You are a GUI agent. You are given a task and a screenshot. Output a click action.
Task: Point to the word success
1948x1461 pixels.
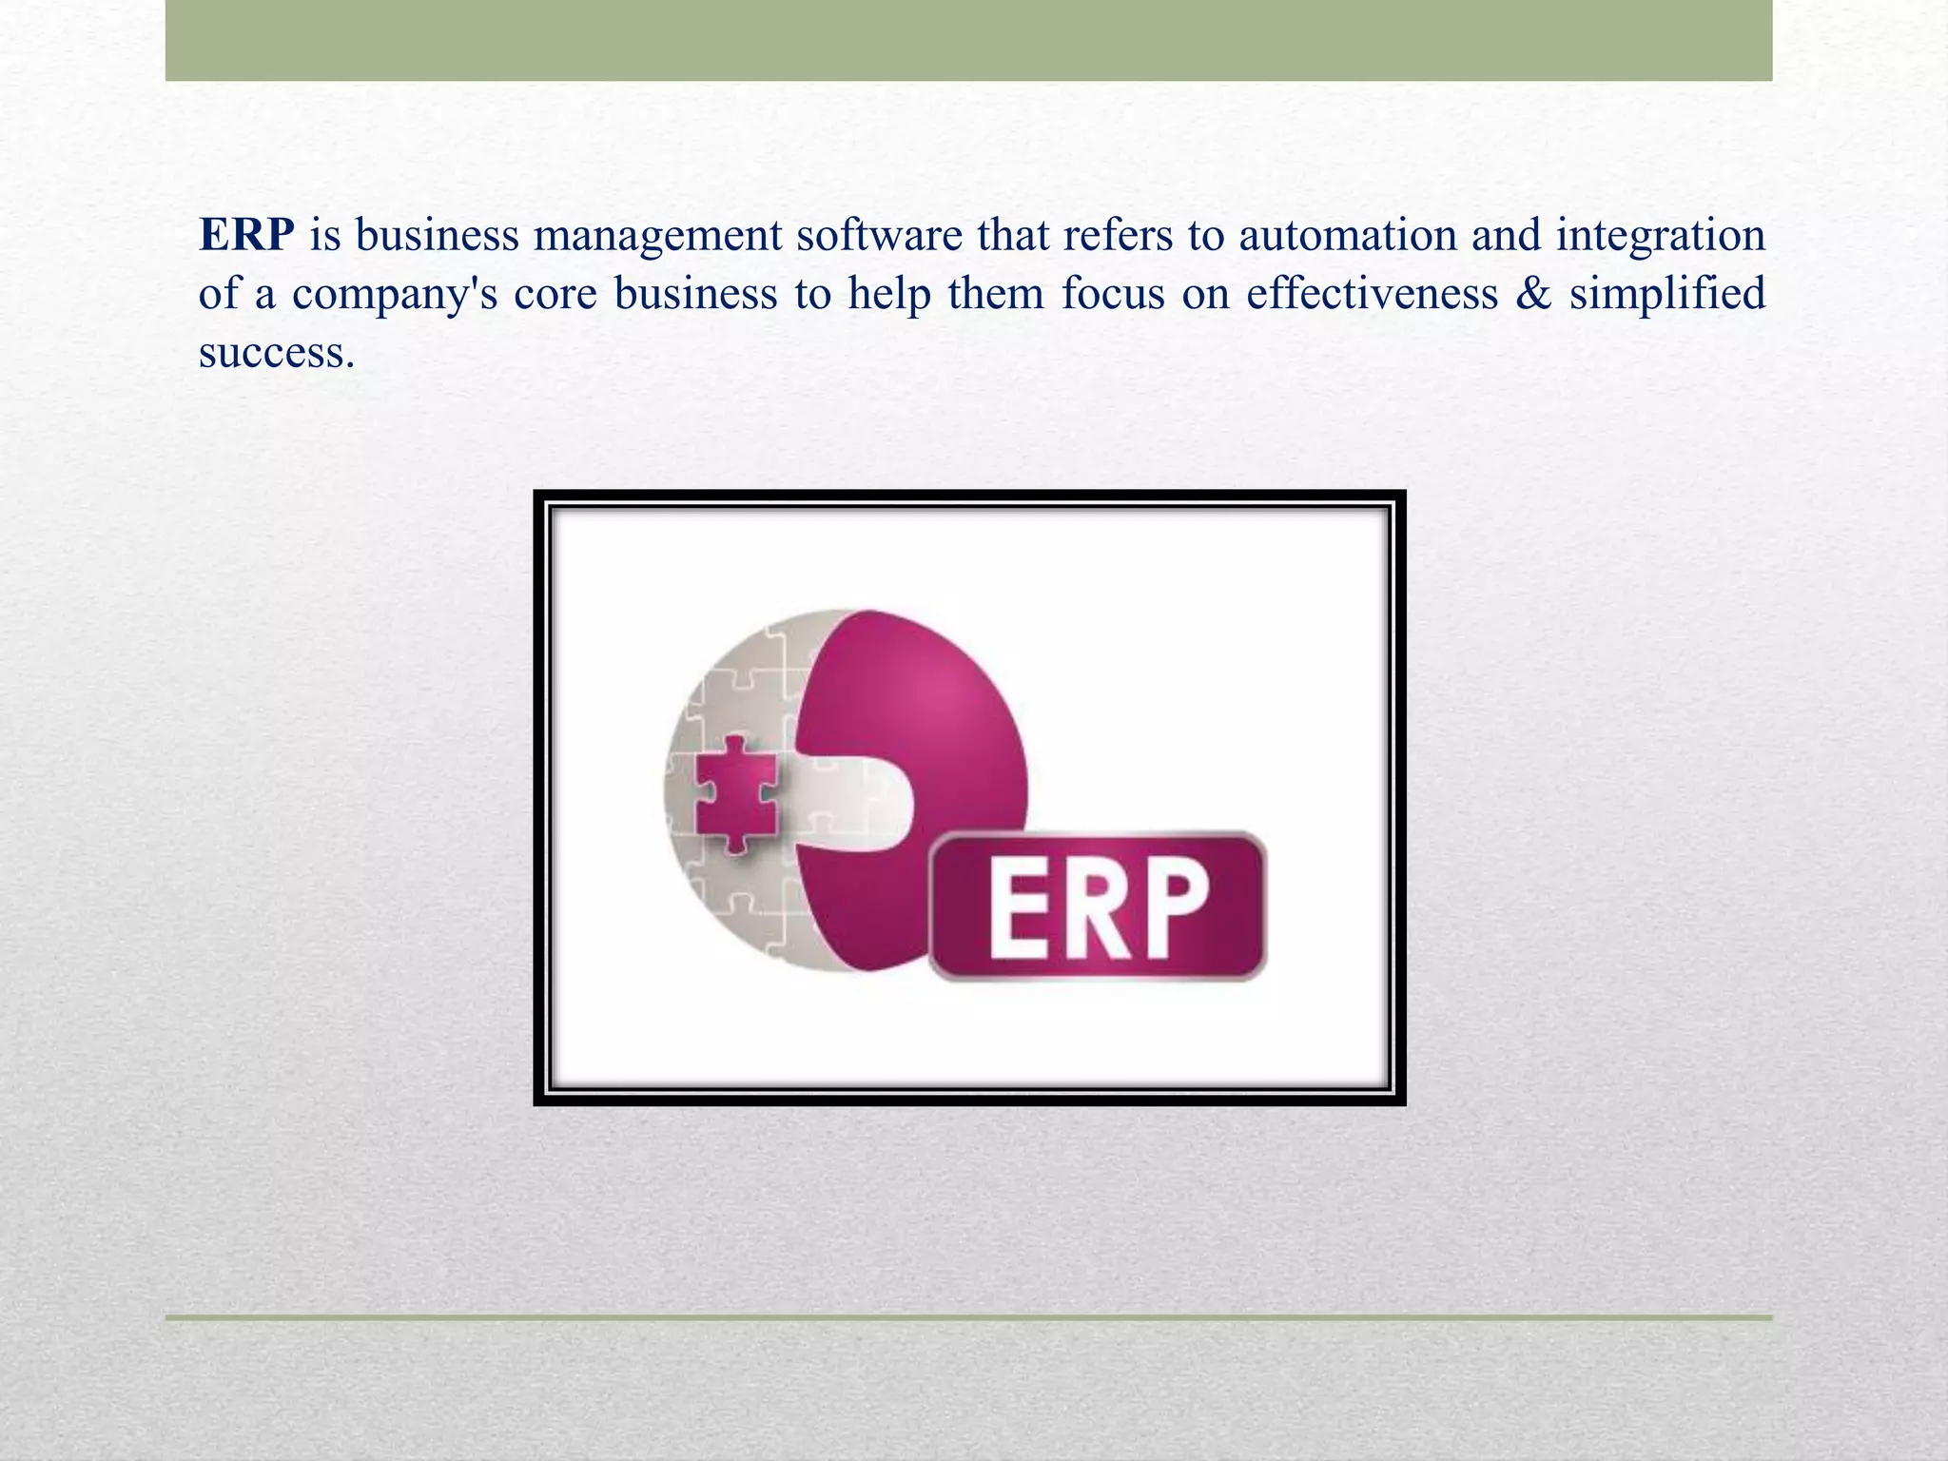tap(276, 353)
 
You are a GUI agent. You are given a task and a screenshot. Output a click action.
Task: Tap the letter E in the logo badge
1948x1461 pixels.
tap(1019, 907)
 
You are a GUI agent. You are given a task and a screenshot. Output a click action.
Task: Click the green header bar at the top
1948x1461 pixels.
tap(968, 40)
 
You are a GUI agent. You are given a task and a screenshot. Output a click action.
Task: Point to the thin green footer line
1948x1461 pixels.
tap(968, 1317)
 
